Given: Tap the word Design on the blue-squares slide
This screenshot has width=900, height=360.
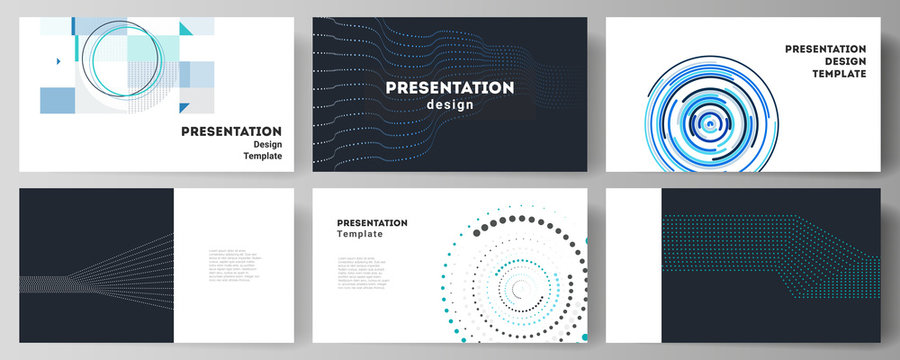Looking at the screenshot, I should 267,143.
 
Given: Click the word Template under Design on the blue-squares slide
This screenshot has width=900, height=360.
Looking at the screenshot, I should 263,156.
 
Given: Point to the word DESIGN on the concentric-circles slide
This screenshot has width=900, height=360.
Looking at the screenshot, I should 838,61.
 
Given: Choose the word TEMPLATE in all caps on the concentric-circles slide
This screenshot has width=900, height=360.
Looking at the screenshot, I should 831,74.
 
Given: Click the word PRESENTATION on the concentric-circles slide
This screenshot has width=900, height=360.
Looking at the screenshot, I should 824,48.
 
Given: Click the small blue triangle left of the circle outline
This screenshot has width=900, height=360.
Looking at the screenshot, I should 59,62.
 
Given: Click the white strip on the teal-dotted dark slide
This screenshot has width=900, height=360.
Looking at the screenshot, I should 634,264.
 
